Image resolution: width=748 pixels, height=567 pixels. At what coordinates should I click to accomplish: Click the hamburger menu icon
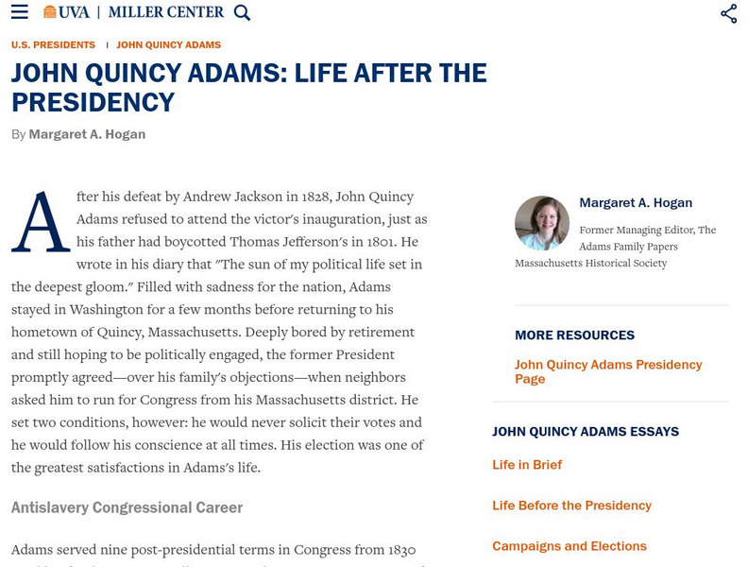tap(19, 12)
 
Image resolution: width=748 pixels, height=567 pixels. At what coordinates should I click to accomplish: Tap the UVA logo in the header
tap(66, 12)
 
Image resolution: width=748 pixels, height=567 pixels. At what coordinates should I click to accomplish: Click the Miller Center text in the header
tap(166, 12)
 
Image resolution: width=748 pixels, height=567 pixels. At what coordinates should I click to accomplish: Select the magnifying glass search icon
tap(242, 12)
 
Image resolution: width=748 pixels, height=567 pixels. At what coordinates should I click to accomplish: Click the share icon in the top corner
tap(728, 13)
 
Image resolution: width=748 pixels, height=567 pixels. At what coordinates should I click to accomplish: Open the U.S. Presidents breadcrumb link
tap(53, 44)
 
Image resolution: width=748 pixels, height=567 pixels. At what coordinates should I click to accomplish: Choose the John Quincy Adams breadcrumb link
tap(168, 44)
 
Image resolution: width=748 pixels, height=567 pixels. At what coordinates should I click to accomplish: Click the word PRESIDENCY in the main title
tap(93, 102)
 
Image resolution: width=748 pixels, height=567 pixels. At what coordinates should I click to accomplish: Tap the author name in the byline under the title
tap(87, 134)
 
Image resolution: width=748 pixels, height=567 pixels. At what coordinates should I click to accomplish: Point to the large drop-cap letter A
tap(41, 222)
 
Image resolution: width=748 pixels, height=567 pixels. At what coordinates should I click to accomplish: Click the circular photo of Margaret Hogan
tap(541, 223)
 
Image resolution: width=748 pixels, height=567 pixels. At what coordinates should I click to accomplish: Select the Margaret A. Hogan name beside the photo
tap(636, 202)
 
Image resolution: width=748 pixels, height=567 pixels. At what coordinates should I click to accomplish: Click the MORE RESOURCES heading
tap(574, 335)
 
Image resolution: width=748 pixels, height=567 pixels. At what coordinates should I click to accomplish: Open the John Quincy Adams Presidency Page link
tap(608, 371)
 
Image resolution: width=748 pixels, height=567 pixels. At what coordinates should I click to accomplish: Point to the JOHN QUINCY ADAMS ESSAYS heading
tap(586, 432)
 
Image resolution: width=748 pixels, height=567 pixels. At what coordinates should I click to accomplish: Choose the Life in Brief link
tap(527, 465)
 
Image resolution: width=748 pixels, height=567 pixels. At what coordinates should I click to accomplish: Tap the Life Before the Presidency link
tap(571, 506)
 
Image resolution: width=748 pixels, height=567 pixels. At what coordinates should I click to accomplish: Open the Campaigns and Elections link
tap(569, 546)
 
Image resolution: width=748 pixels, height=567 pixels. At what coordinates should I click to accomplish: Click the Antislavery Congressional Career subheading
tap(127, 507)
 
